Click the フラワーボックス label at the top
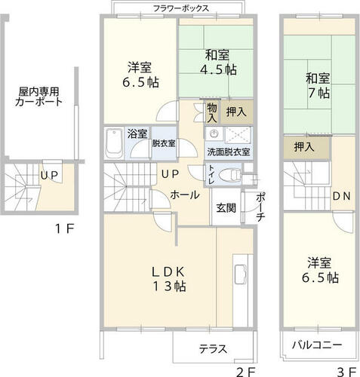point(181,8)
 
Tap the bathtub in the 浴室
point(114,143)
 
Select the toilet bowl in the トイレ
point(229,174)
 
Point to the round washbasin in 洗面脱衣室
point(214,133)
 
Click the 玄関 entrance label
point(226,207)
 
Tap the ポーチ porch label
point(260,207)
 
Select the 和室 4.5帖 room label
point(218,63)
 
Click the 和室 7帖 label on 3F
point(318,85)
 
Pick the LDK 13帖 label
point(169,279)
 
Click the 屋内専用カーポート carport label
point(38,97)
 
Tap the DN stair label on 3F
point(341,196)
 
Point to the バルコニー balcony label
point(317,345)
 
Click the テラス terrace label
point(213,349)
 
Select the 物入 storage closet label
point(212,113)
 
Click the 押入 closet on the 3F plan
point(304,147)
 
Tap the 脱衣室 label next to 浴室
point(164,143)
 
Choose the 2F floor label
point(246,372)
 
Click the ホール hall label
point(185,195)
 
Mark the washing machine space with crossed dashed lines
point(238,133)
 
